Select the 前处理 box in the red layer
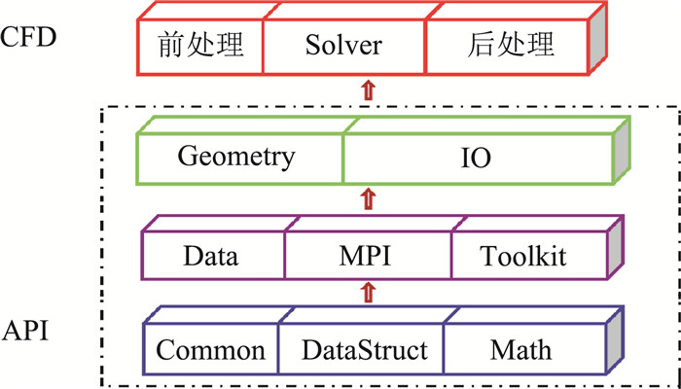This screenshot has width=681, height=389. pyautogui.click(x=198, y=47)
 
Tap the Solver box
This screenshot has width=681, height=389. pyautogui.click(x=343, y=47)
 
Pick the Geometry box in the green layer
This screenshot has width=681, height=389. pyautogui.click(x=236, y=157)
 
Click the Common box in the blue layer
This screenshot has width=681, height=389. pyautogui.click(x=210, y=349)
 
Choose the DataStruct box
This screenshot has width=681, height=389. pyautogui.click(x=361, y=349)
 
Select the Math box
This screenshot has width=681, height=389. pyautogui.click(x=520, y=349)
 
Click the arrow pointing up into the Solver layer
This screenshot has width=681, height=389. pyautogui.click(x=367, y=91)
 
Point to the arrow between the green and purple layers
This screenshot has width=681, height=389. pyautogui.click(x=367, y=199)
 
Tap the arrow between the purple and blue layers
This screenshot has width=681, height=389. pyautogui.click(x=367, y=290)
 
